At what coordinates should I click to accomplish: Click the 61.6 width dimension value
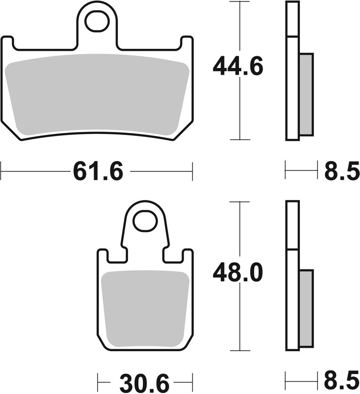(98, 172)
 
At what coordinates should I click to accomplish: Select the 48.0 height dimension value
(238, 272)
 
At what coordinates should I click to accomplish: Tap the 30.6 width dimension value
(143, 382)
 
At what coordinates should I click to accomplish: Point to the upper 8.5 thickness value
(341, 172)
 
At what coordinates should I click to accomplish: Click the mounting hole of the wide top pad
(97, 21)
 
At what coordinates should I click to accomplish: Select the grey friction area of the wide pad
(97, 94)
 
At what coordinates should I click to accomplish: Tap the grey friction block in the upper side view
(306, 94)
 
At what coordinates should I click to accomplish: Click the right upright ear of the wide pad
(187, 45)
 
